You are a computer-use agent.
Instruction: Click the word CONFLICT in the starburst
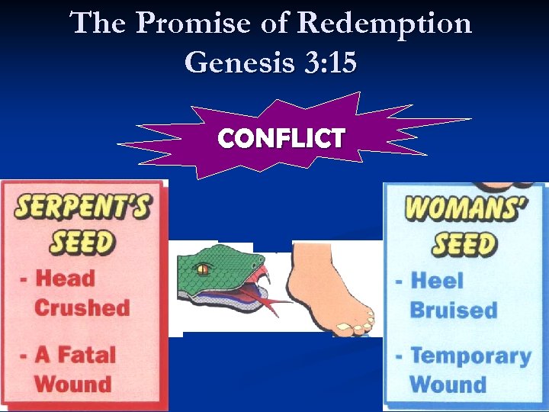(281, 138)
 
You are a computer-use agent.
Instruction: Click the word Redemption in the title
(384, 24)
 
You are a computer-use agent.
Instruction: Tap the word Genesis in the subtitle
(239, 62)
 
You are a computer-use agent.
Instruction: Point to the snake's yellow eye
(203, 269)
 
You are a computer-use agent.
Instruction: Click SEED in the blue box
(463, 244)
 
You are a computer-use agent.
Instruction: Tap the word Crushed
(82, 307)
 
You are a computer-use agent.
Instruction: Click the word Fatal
(87, 355)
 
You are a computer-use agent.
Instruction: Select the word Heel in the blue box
(437, 280)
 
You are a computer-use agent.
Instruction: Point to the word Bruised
(453, 310)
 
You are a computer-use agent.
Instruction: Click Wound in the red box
(72, 383)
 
